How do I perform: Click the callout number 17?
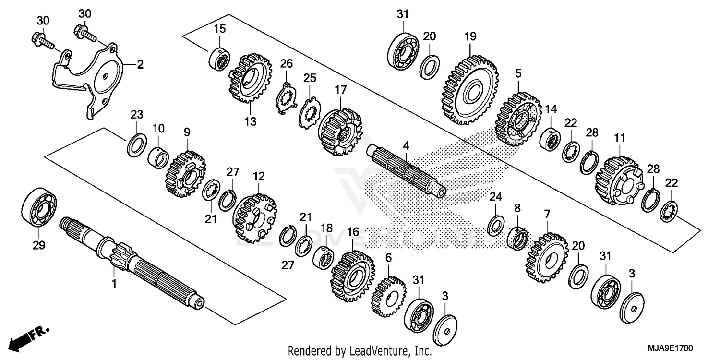pyautogui.click(x=340, y=90)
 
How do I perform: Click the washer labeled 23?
pyautogui.click(x=137, y=145)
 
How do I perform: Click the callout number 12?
pyautogui.click(x=259, y=176)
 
